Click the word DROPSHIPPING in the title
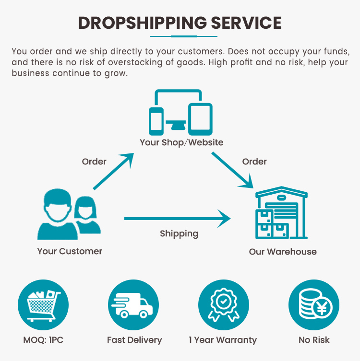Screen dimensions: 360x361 point(143,23)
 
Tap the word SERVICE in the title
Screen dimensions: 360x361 point(246,23)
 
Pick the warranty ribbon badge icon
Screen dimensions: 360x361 point(224,304)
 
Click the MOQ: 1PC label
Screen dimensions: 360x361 point(43,340)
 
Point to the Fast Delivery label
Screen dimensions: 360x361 point(134,340)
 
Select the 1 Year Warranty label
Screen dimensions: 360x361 point(223,340)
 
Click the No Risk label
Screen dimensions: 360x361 point(314,340)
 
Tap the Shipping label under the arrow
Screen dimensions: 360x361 point(179,234)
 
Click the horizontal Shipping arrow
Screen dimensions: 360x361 point(178,219)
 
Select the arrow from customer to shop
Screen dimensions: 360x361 point(113,171)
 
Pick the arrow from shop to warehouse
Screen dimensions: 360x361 point(232,170)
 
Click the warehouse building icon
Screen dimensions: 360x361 point(281,213)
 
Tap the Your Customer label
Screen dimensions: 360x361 point(70,251)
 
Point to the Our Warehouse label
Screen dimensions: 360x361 point(283,252)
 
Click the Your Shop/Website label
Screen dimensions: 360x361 point(181,142)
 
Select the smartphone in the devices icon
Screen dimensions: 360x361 point(156,121)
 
